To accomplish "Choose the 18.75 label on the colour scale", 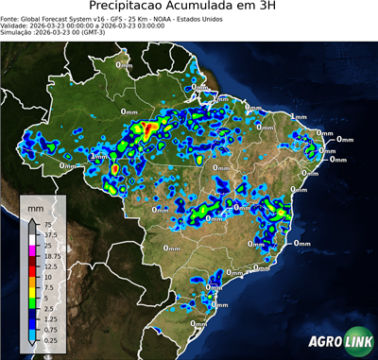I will click(x=49, y=256).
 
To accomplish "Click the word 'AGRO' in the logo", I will click(x=325, y=342).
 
